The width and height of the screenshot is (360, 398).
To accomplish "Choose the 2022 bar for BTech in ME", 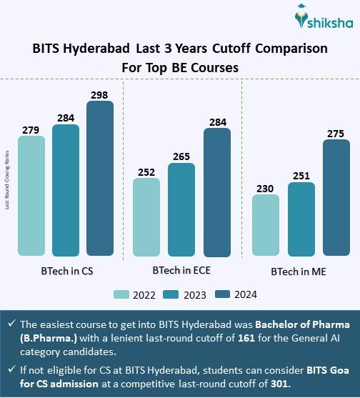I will point(266,225).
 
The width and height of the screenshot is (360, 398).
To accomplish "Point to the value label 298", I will point(100,94).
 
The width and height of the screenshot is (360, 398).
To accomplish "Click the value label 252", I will point(146,171).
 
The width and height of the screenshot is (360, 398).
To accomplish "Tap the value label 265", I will point(181,156).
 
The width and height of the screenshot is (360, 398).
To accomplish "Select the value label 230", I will point(266,188).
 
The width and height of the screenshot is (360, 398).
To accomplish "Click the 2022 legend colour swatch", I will point(121,294).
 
